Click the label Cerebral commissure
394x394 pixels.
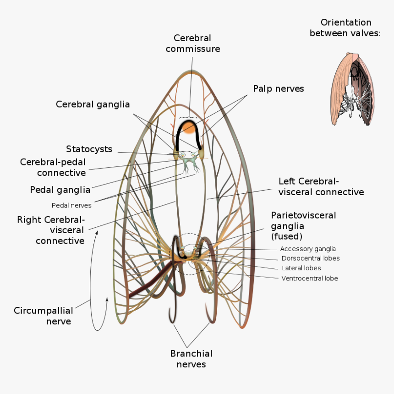[x=192, y=43]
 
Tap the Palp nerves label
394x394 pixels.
[x=278, y=88]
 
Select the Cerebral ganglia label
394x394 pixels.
[x=93, y=104]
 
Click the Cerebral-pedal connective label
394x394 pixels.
[x=53, y=167]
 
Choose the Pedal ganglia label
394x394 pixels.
[x=60, y=190]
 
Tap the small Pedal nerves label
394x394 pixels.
[x=71, y=205]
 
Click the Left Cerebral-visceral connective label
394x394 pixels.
[x=321, y=186]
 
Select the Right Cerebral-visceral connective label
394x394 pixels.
[x=51, y=230]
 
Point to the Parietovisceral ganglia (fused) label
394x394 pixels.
[x=303, y=225]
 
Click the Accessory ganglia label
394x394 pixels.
[x=308, y=249]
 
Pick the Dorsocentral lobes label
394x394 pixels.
[x=310, y=258]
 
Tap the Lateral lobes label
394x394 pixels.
[x=301, y=268]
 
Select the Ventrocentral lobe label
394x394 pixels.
[x=309, y=278]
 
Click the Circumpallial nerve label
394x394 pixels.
[x=43, y=316]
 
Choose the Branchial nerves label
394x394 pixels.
[x=191, y=359]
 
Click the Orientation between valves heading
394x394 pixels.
[x=345, y=27]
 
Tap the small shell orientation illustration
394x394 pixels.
[x=353, y=90]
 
